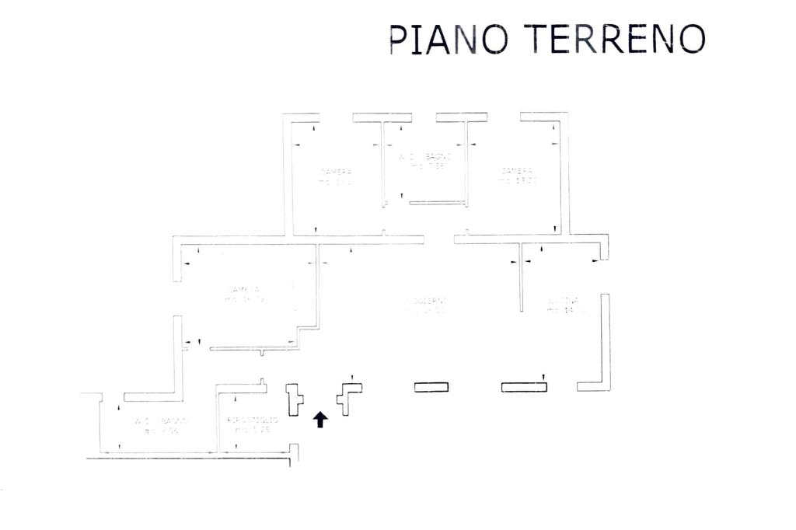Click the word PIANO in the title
449,39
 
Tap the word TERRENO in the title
614,38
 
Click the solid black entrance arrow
320,420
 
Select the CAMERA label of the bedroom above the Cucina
517,171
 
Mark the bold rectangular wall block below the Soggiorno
431,387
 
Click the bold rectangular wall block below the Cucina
524,387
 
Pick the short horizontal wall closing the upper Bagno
437,203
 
